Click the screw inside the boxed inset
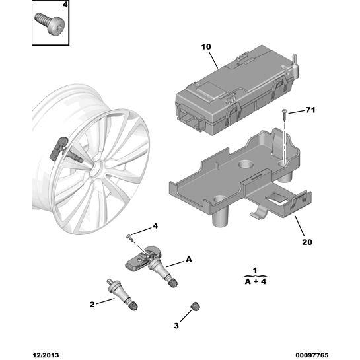pos(50,23)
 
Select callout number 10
pos(205,47)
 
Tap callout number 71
pos(310,110)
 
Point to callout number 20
pos(307,242)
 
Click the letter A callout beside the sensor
pos(188,259)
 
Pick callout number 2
pos(92,305)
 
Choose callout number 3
pos(176,326)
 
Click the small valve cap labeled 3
pos(195,306)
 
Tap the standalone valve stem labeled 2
pos(122,295)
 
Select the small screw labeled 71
pos(284,114)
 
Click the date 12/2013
pos(46,355)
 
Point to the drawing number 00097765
pos(312,355)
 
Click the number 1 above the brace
pos(255,270)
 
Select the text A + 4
pos(256,281)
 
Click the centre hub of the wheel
pos(96,168)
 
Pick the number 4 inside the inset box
pos(65,5)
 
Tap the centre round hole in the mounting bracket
pos(246,164)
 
